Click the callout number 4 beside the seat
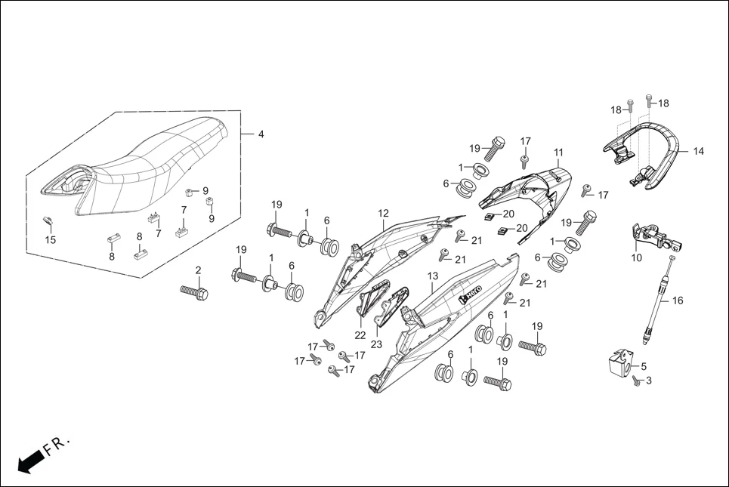[261, 134]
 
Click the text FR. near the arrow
[57, 444]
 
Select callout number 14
[698, 152]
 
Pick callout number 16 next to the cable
[677, 301]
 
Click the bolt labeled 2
[194, 291]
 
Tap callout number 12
[384, 214]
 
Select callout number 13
[433, 276]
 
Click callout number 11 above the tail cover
[558, 153]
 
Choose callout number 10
[636, 257]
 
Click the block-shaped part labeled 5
[620, 362]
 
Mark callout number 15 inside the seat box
[51, 240]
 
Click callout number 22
[360, 334]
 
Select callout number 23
[376, 343]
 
